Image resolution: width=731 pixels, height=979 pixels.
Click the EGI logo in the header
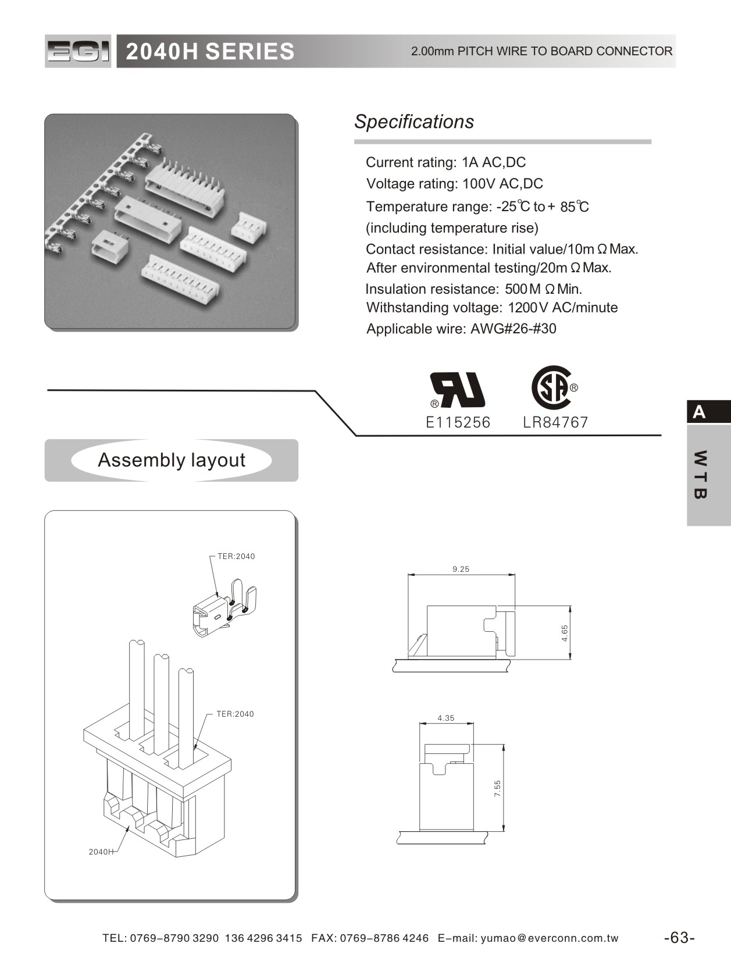[x=78, y=51]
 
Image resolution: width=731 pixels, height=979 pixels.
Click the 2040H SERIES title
[x=210, y=51]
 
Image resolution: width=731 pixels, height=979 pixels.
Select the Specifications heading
[x=413, y=122]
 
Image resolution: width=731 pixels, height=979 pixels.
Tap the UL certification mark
[x=458, y=390]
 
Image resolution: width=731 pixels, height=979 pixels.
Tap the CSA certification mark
[x=552, y=388]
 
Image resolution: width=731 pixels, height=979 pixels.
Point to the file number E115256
[x=458, y=422]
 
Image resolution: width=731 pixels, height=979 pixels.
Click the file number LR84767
[x=555, y=422]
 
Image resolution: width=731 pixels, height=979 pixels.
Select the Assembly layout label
[x=172, y=460]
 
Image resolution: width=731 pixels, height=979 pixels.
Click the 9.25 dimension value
[x=461, y=569]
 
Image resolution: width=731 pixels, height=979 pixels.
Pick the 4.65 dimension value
[x=564, y=633]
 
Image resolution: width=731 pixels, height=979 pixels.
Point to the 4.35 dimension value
[x=445, y=718]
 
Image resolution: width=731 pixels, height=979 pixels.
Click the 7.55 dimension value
[x=497, y=788]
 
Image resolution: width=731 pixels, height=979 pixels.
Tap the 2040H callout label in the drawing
[x=101, y=852]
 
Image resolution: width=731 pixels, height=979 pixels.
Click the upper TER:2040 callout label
[x=236, y=556]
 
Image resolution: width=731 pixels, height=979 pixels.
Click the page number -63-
[x=679, y=938]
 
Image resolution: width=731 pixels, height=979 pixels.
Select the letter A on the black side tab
[x=699, y=412]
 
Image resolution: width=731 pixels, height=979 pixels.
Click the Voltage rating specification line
[x=454, y=184]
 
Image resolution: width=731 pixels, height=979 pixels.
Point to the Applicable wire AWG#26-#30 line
[x=461, y=329]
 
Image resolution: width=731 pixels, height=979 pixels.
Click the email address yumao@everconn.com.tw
[x=550, y=938]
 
